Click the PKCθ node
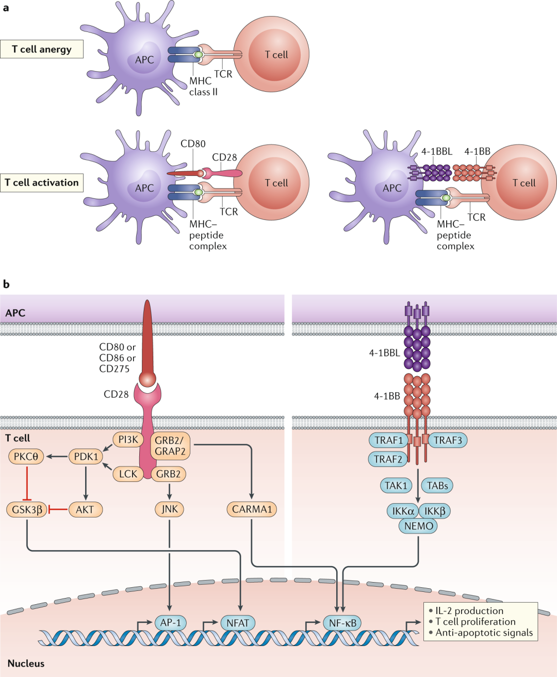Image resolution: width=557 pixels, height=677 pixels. tap(26, 457)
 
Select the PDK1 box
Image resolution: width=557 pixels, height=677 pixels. tap(86, 457)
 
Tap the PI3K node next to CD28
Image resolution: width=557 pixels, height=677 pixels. tap(128, 440)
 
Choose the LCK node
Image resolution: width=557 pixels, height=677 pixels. tap(128, 474)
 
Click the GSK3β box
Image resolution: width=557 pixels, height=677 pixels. tap(27, 510)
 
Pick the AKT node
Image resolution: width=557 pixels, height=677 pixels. tap(85, 510)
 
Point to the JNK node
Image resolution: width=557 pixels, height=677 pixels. tap(169, 509)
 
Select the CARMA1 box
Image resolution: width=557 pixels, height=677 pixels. tap(251, 509)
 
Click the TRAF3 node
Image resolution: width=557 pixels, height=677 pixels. tap(448, 440)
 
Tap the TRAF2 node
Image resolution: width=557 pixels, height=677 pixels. tap(388, 459)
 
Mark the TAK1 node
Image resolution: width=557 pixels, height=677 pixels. tap(396, 486)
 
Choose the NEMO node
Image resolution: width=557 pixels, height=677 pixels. tap(418, 526)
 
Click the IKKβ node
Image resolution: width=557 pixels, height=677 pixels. tap(435, 511)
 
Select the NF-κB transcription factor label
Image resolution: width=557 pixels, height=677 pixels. tap(342, 623)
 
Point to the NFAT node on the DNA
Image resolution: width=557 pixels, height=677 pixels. tap(238, 623)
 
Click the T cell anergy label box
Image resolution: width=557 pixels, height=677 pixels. tap(42, 50)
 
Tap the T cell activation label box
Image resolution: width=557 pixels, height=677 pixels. tap(42, 183)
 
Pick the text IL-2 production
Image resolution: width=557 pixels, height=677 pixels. tap(469, 611)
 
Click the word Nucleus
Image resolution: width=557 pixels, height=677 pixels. tap(26, 664)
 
